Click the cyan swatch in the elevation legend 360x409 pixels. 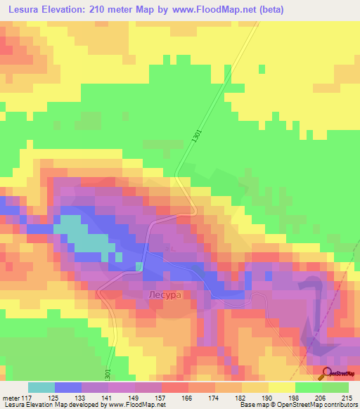pyautogui.click(x=41, y=388)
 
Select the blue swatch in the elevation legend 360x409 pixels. pyautogui.click(x=68, y=388)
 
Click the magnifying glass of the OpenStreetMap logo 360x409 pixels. pyautogui.click(x=327, y=374)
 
